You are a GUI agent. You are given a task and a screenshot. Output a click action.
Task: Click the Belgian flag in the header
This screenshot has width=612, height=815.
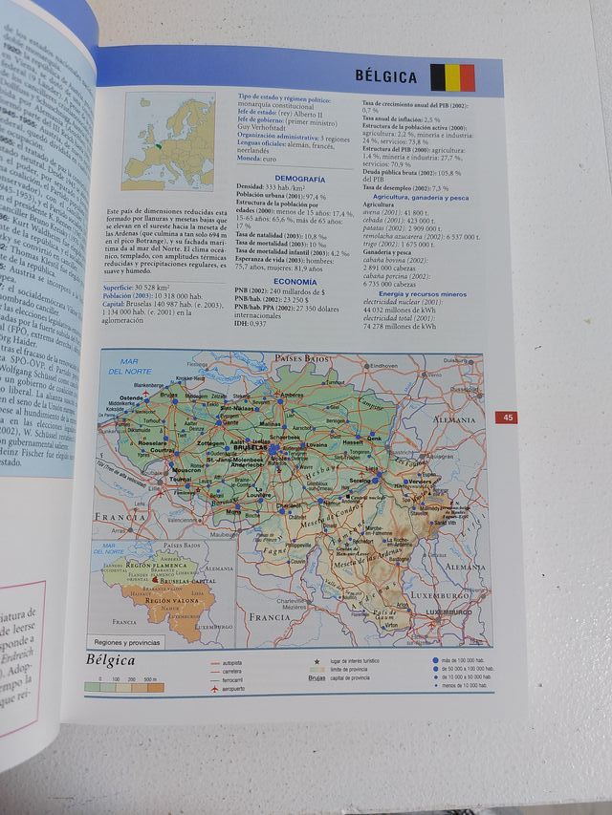(x=452, y=76)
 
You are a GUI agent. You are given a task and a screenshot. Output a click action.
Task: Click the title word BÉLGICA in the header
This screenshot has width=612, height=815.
(x=386, y=76)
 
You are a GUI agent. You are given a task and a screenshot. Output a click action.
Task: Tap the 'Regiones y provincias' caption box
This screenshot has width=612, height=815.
(x=125, y=642)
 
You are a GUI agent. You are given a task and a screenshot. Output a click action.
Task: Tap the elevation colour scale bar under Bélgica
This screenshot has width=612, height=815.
(x=124, y=687)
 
